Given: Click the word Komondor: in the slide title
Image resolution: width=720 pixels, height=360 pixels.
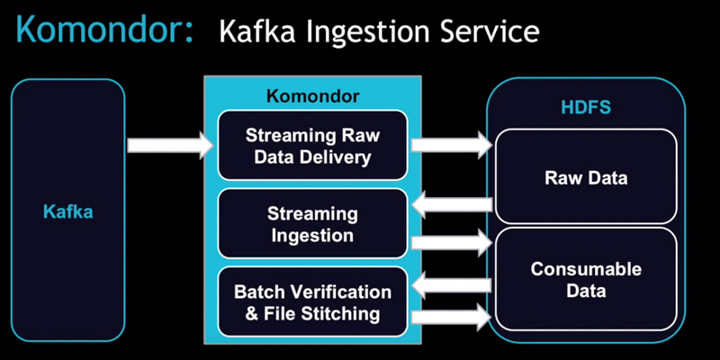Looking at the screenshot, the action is click(104, 29).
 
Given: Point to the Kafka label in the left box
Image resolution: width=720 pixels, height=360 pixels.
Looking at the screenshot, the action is click(68, 211).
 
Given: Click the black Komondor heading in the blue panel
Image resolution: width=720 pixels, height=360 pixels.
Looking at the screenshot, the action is click(312, 96).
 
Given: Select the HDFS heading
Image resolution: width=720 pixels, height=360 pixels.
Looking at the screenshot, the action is click(586, 107).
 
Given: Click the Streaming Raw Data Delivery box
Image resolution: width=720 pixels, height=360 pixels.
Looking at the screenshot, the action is click(312, 145).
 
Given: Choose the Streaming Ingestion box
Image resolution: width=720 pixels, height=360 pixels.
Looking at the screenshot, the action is click(312, 223).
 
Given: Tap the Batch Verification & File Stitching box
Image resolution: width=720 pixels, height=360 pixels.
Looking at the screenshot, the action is click(312, 302).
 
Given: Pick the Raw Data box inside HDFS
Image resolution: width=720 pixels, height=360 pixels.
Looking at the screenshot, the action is click(586, 176).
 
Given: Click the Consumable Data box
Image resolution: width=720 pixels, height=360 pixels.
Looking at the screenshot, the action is click(586, 279).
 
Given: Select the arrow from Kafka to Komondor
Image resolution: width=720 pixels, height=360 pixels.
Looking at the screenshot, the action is click(170, 145).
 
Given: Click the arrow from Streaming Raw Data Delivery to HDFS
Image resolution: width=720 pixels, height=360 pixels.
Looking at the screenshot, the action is click(452, 145).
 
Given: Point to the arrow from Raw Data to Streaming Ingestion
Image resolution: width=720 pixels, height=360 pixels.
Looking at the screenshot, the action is click(452, 204).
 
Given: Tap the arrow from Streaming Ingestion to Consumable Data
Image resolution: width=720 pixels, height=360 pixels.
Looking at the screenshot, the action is click(452, 242).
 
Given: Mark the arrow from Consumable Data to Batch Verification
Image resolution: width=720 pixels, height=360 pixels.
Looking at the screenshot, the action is click(452, 285).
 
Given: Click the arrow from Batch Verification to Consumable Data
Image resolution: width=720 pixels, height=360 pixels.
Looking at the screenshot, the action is click(452, 317).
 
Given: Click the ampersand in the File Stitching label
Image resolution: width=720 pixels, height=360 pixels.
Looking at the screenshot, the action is click(252, 314).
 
